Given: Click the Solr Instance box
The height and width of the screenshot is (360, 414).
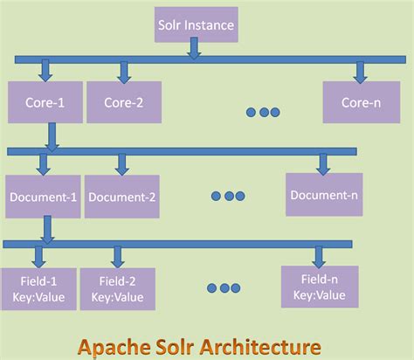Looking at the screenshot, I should coord(195,25).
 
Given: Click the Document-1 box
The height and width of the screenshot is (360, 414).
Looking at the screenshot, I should coord(42,196).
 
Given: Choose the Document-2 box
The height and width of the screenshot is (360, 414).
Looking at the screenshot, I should coord(121,196).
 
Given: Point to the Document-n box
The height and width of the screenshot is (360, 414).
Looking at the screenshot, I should coord(324,194).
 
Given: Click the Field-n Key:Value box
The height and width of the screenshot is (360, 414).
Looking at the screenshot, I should coord(319,287).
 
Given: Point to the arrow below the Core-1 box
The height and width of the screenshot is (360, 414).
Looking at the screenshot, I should coord(52,135).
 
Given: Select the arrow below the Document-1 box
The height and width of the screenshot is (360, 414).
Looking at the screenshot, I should coord(47,229).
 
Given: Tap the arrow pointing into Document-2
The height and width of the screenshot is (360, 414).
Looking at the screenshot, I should coord(121,163).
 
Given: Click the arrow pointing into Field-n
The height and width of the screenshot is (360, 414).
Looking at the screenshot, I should coord(318,256).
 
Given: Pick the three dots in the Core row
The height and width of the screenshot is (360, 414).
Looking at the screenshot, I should coord(263,112).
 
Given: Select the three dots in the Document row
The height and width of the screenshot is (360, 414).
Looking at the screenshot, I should coord(230,196).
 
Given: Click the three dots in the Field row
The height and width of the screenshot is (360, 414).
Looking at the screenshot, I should coord(224,288).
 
